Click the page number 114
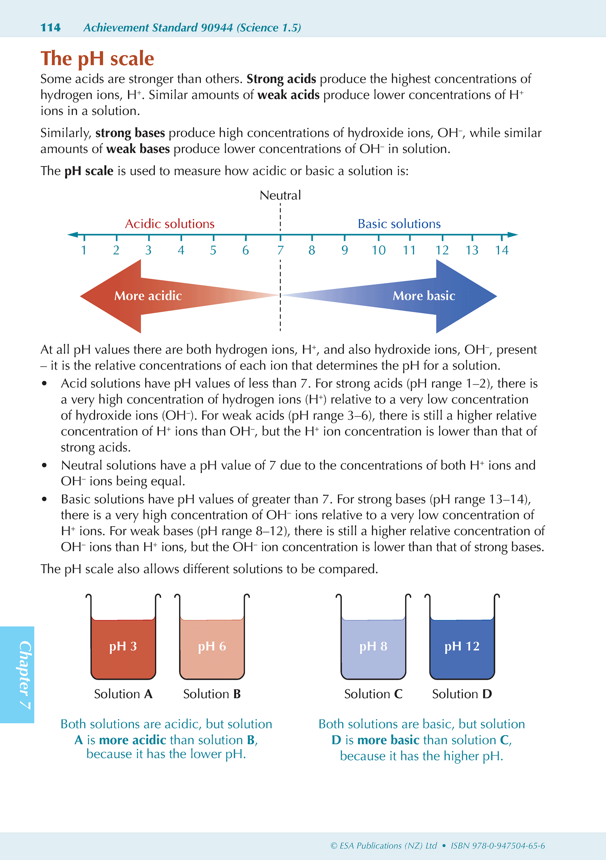pos(50,28)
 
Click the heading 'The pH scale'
pos(97,59)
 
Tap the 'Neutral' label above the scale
pos(280,195)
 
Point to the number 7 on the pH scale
pos(280,250)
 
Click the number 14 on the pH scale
pos(501,250)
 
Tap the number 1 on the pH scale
pos(84,250)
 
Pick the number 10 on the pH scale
pos(378,250)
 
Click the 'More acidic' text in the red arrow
pos(148,296)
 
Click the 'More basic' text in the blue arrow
pos(424,296)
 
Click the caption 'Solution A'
pos(123,694)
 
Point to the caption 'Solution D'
pos(462,694)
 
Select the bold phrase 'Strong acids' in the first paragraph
pos(281,79)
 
